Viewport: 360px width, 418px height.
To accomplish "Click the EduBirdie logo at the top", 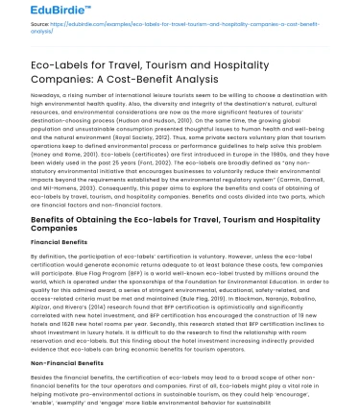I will tap(33, 13).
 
